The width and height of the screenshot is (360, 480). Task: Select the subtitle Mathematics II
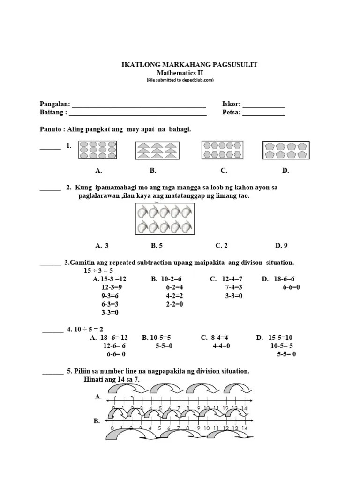(x=180, y=73)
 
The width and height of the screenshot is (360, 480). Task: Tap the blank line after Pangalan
(x=139, y=105)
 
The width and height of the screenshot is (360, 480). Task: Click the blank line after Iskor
(x=263, y=105)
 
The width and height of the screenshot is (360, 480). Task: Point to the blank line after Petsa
(x=263, y=113)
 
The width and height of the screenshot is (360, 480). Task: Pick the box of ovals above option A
(x=98, y=150)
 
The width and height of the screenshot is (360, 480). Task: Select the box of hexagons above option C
(x=222, y=150)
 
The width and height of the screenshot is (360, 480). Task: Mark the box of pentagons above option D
(x=283, y=150)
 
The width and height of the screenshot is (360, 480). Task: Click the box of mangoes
(x=165, y=220)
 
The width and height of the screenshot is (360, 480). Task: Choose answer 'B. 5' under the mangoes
(x=157, y=245)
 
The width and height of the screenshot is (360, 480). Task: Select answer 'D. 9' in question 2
(x=281, y=245)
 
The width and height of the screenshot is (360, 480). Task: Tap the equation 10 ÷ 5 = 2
(x=85, y=329)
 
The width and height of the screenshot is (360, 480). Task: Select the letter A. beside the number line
(x=98, y=397)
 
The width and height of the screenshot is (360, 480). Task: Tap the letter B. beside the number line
(x=97, y=421)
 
